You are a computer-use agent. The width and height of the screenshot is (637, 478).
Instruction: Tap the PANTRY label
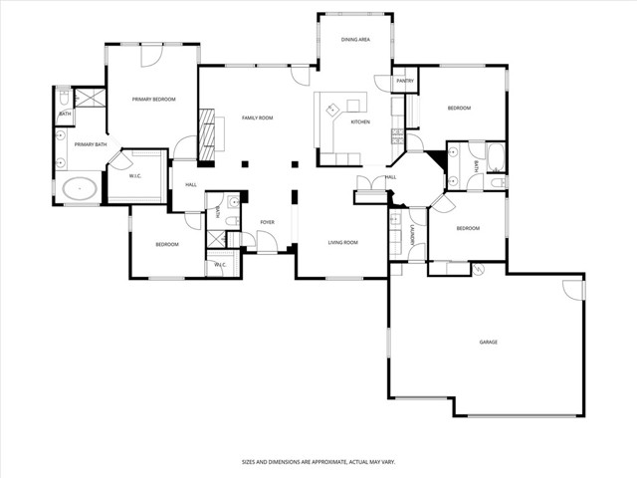click(404, 81)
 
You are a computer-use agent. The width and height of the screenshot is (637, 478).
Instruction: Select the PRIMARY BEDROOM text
click(154, 100)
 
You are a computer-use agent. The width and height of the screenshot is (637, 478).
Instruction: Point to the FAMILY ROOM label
click(257, 119)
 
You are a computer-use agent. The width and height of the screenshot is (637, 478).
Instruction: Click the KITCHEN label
click(360, 122)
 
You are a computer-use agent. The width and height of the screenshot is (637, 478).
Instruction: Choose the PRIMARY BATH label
click(90, 144)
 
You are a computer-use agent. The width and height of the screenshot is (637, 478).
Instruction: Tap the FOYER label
click(267, 222)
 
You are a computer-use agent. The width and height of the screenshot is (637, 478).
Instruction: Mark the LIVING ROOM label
click(343, 242)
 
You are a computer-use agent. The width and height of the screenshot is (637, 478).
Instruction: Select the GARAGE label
click(488, 343)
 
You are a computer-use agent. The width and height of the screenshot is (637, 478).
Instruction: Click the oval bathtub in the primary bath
click(79, 188)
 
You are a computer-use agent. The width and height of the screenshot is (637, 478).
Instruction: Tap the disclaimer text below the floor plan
click(318, 462)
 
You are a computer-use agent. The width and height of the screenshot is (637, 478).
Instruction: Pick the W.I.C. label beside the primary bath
click(135, 176)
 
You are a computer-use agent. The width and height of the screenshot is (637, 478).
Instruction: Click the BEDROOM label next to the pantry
click(458, 108)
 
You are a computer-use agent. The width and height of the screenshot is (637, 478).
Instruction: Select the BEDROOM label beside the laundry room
click(468, 228)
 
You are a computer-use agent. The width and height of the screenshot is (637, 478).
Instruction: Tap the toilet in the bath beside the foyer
click(230, 221)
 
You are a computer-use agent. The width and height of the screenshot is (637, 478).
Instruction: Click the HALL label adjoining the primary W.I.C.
click(189, 184)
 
